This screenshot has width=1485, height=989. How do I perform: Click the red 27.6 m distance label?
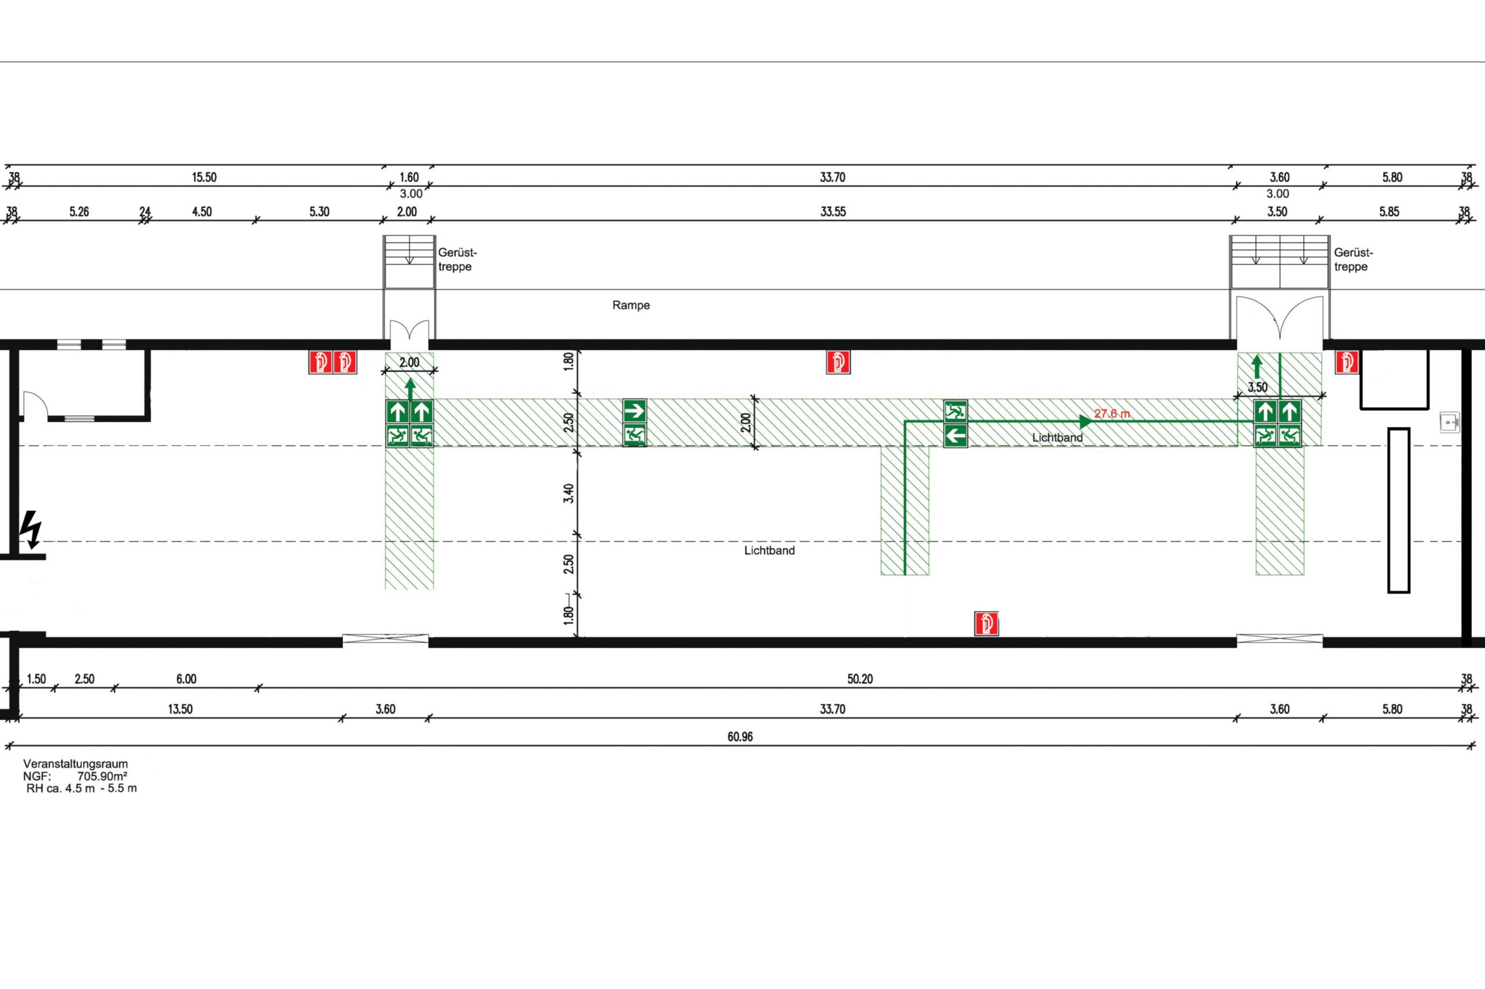tap(1111, 414)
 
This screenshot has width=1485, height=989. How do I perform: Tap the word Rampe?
tap(631, 305)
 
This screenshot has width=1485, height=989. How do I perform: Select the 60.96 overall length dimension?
tap(740, 737)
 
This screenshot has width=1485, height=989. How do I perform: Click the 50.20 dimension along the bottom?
tap(860, 679)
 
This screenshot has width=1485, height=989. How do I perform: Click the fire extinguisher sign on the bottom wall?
tap(986, 624)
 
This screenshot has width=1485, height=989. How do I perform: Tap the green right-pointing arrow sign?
tap(635, 411)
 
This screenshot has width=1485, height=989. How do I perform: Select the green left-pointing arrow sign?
tap(955, 435)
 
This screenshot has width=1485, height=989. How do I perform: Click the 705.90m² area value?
tap(102, 777)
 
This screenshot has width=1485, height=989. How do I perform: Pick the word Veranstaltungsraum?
tap(75, 764)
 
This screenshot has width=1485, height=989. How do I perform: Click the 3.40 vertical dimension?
tap(569, 492)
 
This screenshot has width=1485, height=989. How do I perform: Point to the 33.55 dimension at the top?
tap(833, 212)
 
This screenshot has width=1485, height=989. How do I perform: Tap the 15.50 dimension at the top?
tap(204, 177)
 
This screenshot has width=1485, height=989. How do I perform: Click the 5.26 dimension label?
tap(79, 212)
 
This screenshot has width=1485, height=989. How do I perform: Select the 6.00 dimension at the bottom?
tap(186, 679)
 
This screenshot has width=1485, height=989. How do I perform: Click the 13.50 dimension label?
tap(180, 709)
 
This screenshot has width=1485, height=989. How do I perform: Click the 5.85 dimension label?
tap(1389, 212)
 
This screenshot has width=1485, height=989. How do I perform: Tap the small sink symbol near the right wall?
tap(1450, 422)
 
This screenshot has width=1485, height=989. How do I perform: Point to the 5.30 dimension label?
tap(319, 212)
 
